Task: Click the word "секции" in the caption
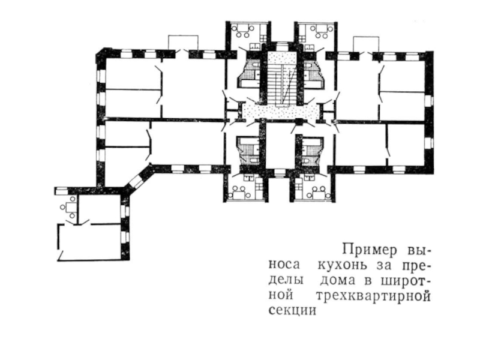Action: pyautogui.click(x=291, y=312)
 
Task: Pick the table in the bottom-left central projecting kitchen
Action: pyautogui.click(x=244, y=192)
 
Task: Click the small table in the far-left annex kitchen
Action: pyautogui.click(x=70, y=208)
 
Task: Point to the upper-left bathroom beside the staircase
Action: pyautogui.click(x=248, y=75)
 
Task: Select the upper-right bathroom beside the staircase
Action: pyautogui.click(x=313, y=75)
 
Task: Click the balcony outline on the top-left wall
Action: pyautogui.click(x=182, y=42)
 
